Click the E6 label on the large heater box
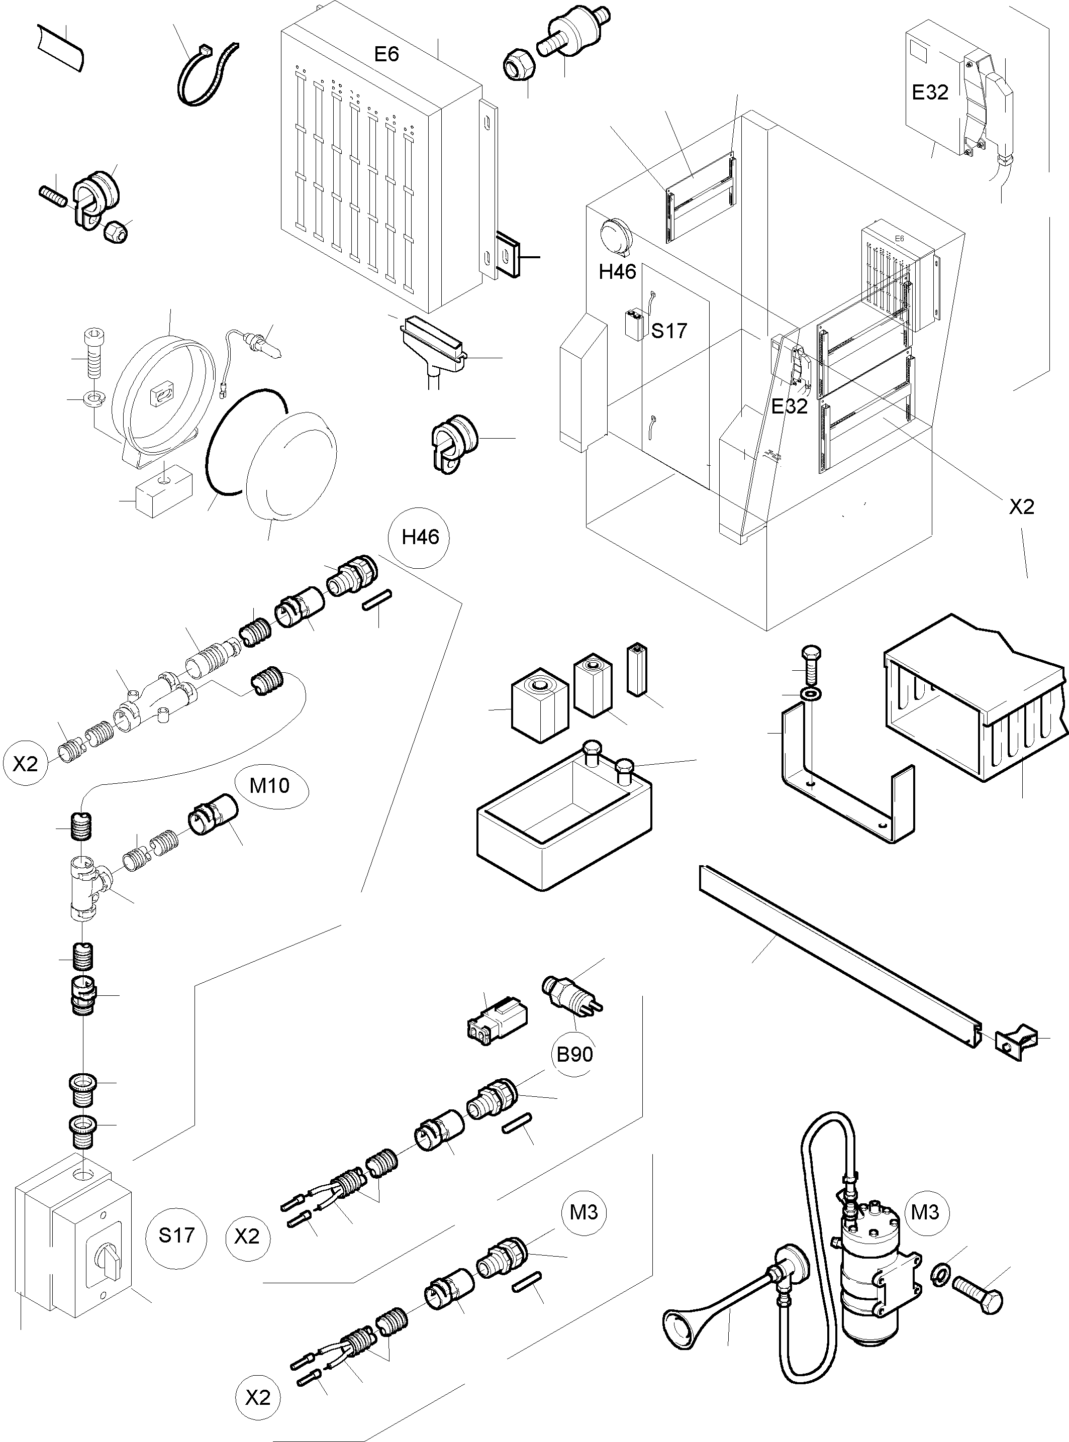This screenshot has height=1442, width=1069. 386,54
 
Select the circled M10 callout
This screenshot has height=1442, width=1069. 270,786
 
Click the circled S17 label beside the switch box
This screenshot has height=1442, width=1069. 176,1235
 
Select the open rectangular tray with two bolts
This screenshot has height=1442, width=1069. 563,815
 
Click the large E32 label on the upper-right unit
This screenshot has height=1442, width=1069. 930,92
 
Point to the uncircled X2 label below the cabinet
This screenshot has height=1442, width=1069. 1021,506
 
